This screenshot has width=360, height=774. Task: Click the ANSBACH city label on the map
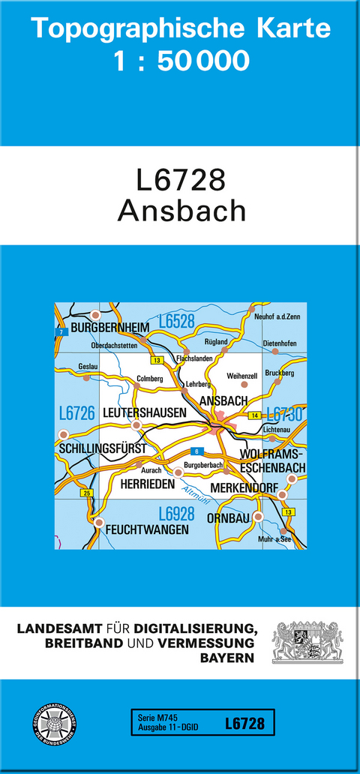(223, 401)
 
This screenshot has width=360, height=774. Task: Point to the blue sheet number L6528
(176, 322)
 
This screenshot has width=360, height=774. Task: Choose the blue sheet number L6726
(76, 412)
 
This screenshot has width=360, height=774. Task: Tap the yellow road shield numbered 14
(255, 415)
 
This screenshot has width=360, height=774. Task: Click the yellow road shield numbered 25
(87, 493)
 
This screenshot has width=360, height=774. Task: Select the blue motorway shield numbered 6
(196, 451)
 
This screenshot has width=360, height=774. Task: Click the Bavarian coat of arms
(307, 641)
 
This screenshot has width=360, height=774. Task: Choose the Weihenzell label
(241, 375)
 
